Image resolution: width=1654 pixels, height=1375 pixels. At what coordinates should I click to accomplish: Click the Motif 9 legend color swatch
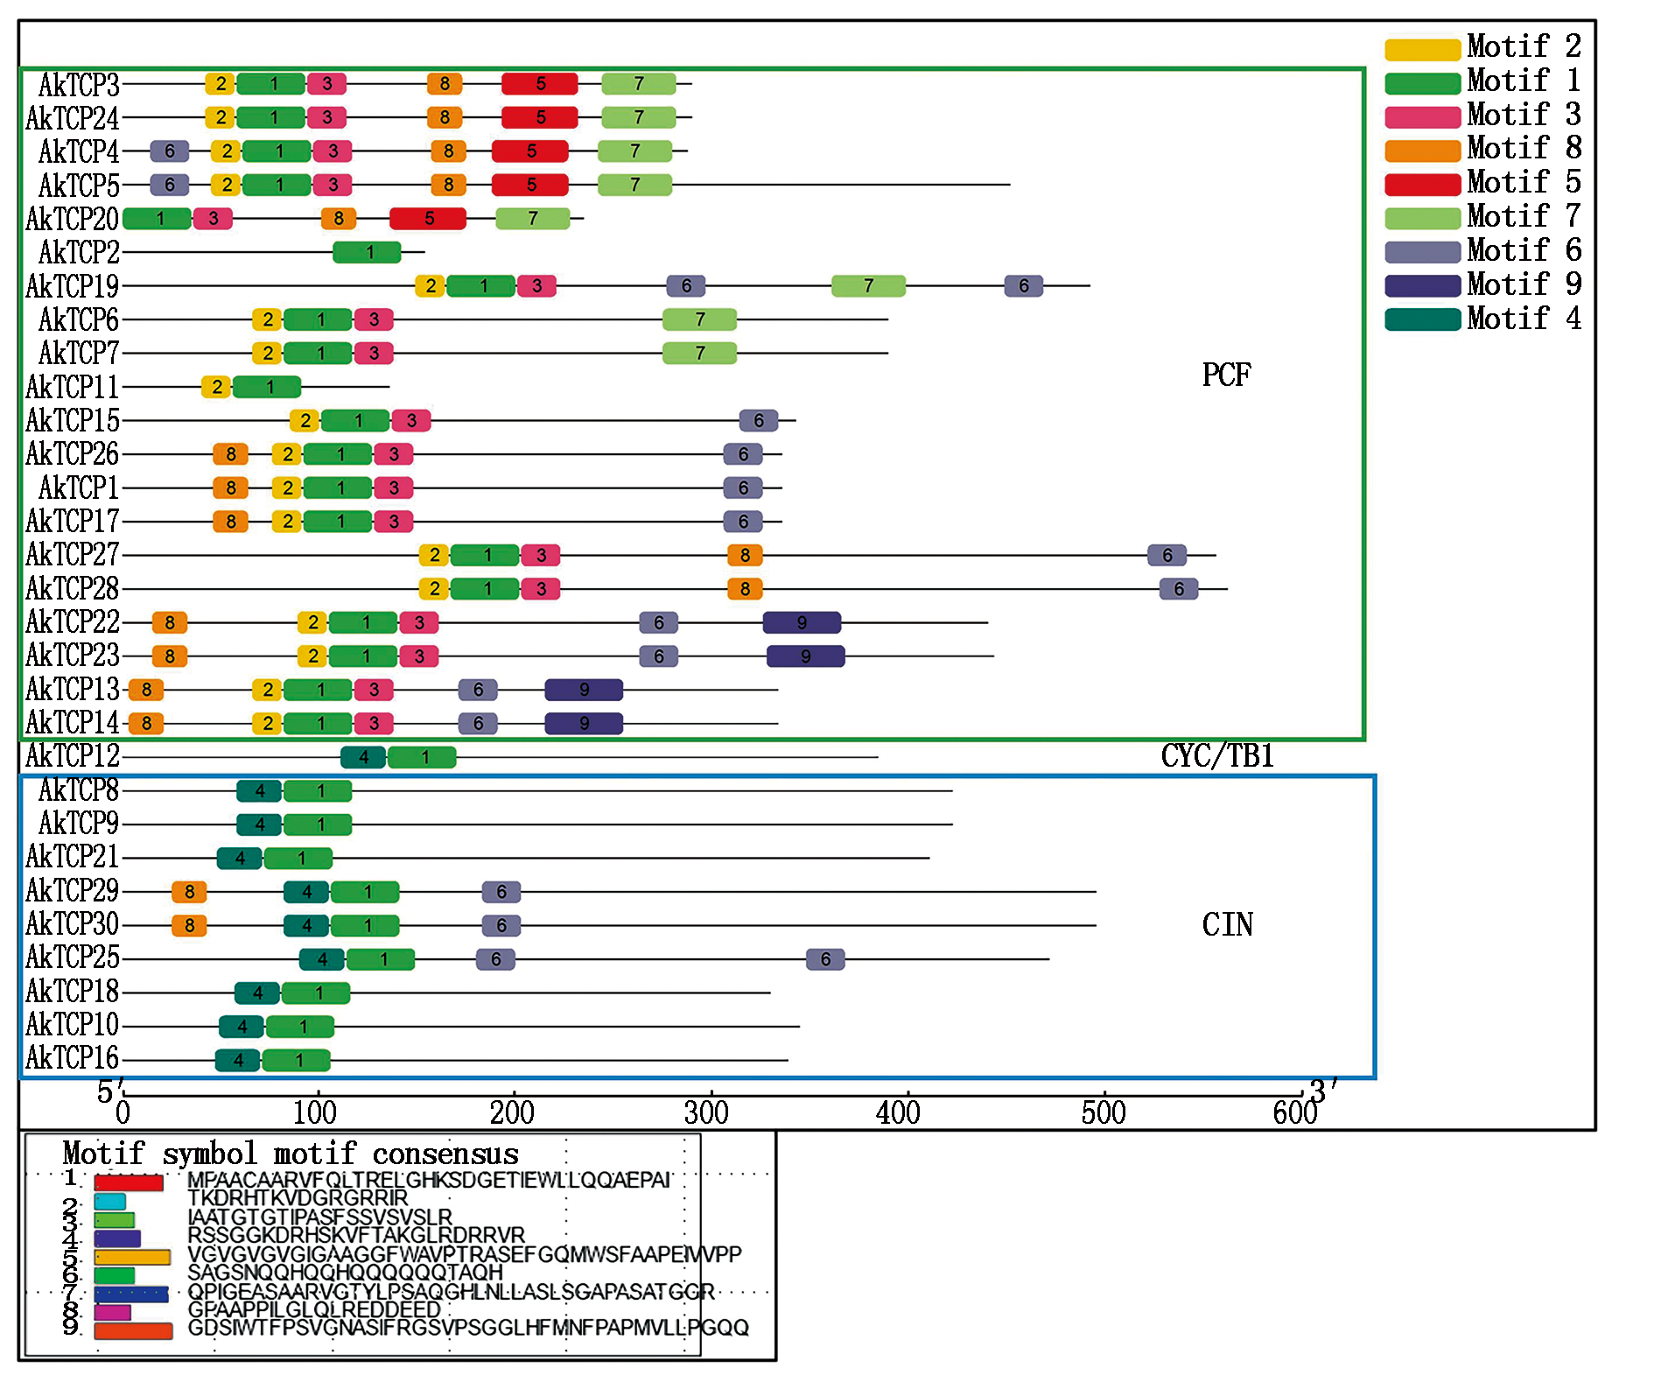(1422, 285)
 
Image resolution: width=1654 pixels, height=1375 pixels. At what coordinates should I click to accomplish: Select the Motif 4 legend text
(1524, 319)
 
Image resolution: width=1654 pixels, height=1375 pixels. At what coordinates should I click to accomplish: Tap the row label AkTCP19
(72, 286)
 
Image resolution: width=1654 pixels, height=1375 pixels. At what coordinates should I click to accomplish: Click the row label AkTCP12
(72, 756)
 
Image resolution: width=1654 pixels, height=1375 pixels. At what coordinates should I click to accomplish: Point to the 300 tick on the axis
(707, 1113)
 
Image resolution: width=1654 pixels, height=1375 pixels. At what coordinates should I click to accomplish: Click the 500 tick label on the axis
(1103, 1113)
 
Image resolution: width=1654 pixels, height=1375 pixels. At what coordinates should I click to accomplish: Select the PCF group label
(1226, 375)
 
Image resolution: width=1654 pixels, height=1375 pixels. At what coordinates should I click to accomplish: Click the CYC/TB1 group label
(1216, 756)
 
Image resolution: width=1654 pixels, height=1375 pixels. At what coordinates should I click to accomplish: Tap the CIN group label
(1227, 924)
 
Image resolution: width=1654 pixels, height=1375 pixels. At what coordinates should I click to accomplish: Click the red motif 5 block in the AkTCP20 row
(428, 219)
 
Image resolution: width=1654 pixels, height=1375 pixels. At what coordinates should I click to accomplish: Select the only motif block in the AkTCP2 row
(368, 252)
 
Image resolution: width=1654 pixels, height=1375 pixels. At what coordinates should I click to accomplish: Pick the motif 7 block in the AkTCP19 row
(868, 286)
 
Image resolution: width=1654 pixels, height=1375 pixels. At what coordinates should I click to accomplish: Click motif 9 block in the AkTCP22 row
(802, 622)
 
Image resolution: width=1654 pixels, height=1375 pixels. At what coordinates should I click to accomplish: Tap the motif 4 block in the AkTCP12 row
(363, 757)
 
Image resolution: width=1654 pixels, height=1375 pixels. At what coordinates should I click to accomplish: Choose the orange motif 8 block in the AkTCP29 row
(189, 892)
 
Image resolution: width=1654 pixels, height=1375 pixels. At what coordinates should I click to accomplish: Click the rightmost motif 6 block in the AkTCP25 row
(825, 959)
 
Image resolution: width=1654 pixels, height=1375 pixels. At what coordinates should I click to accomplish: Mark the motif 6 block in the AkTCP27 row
(1167, 555)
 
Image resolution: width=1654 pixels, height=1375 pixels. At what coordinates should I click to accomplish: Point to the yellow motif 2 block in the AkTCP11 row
(216, 387)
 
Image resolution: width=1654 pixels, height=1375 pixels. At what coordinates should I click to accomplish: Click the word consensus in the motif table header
(445, 1154)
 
